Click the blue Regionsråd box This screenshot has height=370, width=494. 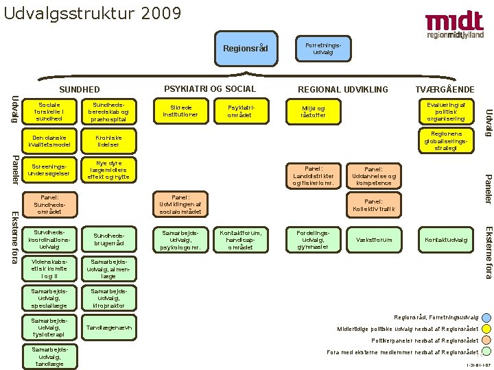coord(246,48)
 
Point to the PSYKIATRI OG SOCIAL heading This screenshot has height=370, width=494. coord(210,88)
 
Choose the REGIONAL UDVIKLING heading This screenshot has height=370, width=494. coord(342,89)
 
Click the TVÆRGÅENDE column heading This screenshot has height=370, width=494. coord(445,89)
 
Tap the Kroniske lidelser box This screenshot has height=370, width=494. coord(108,140)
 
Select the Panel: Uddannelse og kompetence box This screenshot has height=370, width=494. coord(373,175)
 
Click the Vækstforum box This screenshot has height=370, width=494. coord(375,240)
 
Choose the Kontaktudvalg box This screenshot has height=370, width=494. coord(446,240)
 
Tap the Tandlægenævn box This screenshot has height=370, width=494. coord(108,327)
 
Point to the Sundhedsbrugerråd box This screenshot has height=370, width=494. coord(108,240)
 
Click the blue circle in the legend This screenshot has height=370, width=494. coord(486,317)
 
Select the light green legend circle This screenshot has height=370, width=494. coord(486,352)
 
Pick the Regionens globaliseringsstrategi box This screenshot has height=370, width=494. coord(446,140)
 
